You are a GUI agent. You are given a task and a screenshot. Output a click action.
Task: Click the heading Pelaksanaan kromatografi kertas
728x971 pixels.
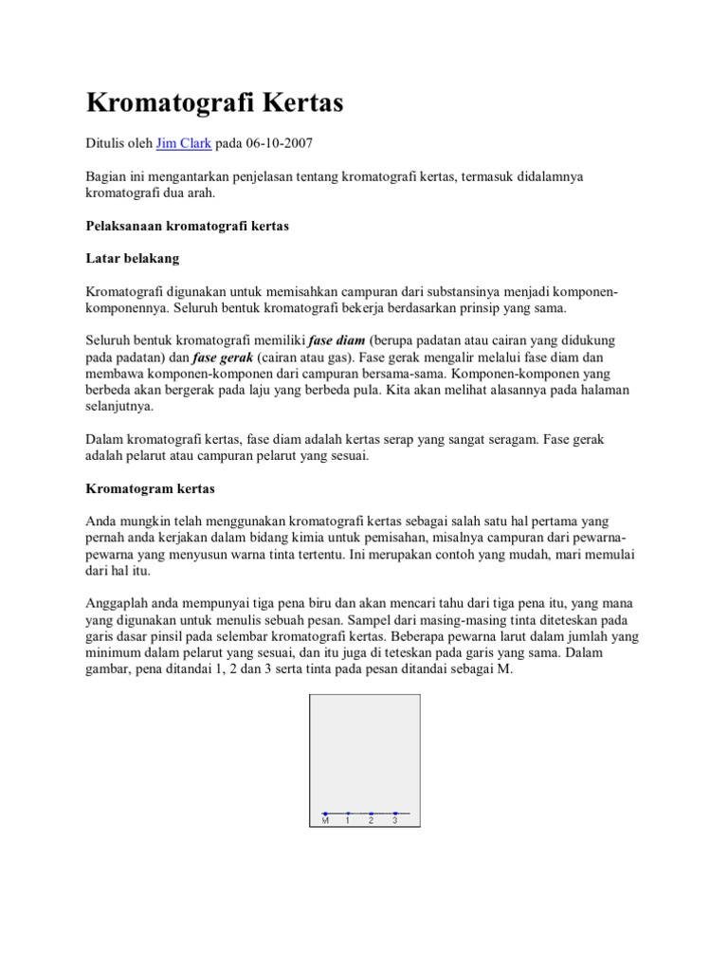coord(187,228)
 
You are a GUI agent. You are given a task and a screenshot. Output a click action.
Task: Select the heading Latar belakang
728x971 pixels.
coord(132,258)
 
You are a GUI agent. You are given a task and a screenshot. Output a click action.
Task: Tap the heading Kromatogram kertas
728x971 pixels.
coord(151,489)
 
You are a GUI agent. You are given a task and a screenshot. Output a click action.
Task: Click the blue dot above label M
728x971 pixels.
coord(325,813)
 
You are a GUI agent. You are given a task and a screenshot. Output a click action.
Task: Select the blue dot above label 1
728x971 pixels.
coord(348,813)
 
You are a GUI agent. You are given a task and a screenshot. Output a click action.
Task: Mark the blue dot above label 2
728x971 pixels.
coord(371,813)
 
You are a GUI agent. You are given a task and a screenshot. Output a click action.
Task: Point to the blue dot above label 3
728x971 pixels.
coord(394,813)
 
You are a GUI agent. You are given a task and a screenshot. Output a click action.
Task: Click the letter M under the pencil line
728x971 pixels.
coord(325,821)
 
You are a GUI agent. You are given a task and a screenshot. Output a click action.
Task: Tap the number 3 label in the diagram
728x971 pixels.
coord(394,821)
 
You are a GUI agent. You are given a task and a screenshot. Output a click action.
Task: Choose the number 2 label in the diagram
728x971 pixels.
coord(371,821)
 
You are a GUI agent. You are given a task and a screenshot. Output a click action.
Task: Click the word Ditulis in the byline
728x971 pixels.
coord(105,143)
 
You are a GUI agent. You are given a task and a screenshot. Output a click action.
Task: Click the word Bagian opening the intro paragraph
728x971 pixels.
coord(107,176)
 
